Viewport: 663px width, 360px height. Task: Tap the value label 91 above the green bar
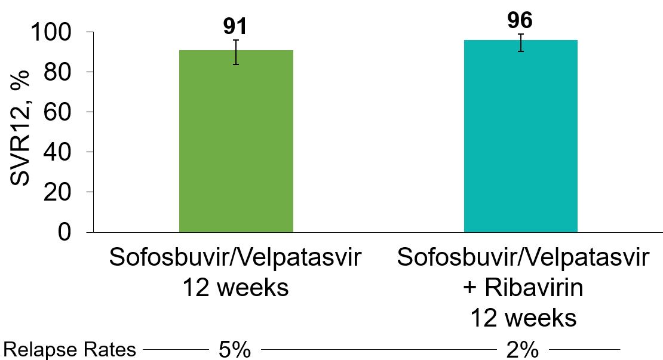[235, 26]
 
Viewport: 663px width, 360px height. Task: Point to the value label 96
[520, 20]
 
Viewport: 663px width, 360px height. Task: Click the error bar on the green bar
[236, 52]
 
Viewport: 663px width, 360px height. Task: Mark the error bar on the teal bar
[521, 43]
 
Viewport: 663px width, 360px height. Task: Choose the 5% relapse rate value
[234, 350]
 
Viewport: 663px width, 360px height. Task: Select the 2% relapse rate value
[521, 350]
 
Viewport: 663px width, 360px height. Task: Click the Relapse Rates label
[70, 350]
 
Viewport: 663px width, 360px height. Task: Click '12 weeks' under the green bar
[235, 288]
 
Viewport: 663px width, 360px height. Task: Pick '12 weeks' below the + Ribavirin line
[523, 318]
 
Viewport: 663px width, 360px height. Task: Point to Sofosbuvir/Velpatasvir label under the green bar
[235, 259]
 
